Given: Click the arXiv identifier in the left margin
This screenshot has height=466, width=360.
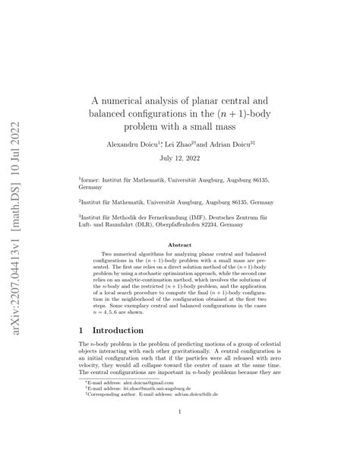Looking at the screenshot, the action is pyautogui.click(x=17, y=232).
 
